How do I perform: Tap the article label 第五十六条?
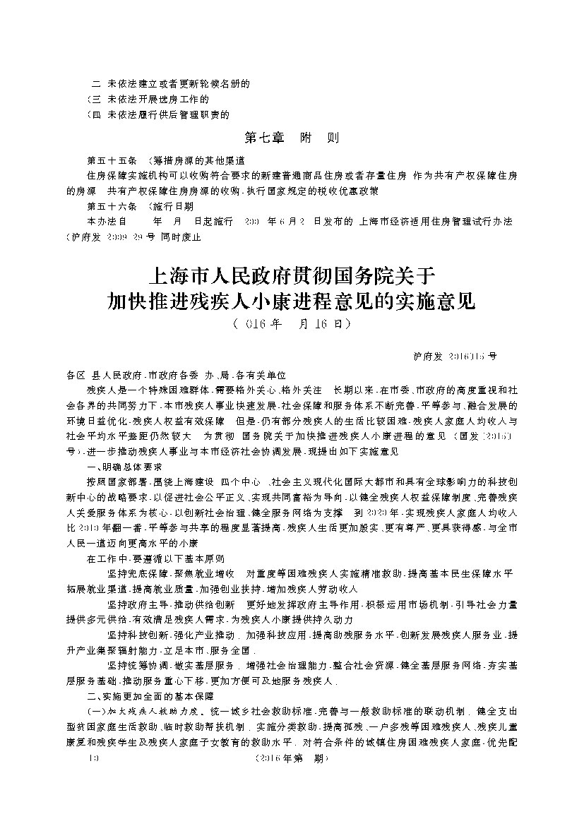(x=107, y=206)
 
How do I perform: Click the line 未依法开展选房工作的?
(x=158, y=99)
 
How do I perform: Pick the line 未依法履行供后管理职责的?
(x=168, y=114)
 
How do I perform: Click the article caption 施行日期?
(x=172, y=206)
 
